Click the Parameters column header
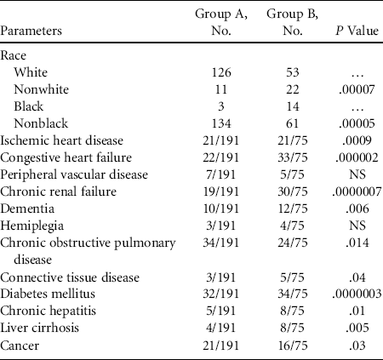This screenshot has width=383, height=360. pyautogui.click(x=31, y=31)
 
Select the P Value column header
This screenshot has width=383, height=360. pyautogui.click(x=357, y=31)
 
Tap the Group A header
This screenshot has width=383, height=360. pyautogui.click(x=221, y=22)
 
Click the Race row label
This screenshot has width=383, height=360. pyautogui.click(x=13, y=55)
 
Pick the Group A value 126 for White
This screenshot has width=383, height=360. pyautogui.click(x=221, y=72)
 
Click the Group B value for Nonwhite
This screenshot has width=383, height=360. pyautogui.click(x=293, y=89)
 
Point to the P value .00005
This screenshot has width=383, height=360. pyautogui.click(x=357, y=123)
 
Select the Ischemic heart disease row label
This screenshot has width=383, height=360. pyautogui.click(x=62, y=140)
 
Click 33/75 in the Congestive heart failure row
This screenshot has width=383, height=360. pyautogui.click(x=293, y=157)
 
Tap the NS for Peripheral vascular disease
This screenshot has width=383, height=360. pyautogui.click(x=357, y=174)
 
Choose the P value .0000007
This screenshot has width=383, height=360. pyautogui.click(x=357, y=191)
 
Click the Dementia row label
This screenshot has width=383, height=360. pyautogui.click(x=27, y=209)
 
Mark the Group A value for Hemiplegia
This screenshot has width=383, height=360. pyautogui.click(x=221, y=226)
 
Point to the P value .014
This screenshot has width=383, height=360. pyautogui.click(x=357, y=243)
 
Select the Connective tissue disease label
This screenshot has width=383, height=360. pyautogui.click(x=70, y=277)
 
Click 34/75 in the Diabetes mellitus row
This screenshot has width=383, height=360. pyautogui.click(x=293, y=294)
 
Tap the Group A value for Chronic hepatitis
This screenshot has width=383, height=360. pyautogui.click(x=221, y=311)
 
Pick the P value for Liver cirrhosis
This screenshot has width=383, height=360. pyautogui.click(x=357, y=328)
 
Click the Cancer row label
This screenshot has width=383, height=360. pyautogui.click(x=20, y=346)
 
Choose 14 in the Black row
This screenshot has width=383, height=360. pyautogui.click(x=293, y=106)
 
